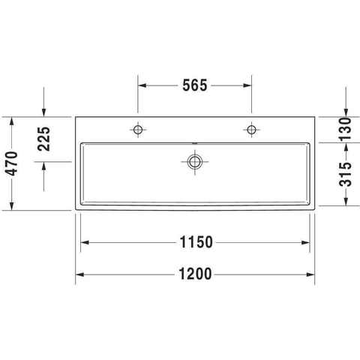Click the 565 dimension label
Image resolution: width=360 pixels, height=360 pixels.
195,85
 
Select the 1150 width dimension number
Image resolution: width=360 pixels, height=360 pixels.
196,242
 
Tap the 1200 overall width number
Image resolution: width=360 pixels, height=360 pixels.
196,274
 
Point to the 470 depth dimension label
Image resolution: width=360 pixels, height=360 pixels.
12,163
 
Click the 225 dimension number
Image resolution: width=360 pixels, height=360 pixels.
43,139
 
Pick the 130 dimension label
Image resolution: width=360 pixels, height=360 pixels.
345,129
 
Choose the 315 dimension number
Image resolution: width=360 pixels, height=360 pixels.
345,175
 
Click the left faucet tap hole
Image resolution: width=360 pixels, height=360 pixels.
138,130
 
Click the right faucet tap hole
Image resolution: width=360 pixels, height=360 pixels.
251,130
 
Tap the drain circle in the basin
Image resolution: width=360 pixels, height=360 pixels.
195,161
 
